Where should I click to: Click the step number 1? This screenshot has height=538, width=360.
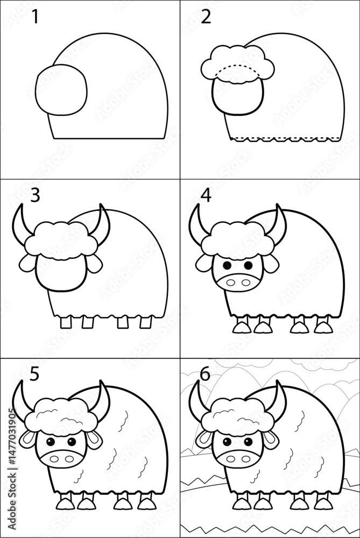36,17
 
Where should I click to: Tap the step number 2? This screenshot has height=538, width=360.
205,17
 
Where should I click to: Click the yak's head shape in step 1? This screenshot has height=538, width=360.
61,90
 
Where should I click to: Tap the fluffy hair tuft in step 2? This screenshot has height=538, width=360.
237,64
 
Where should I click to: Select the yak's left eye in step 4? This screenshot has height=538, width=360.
227,265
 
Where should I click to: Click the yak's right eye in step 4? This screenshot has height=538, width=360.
248,265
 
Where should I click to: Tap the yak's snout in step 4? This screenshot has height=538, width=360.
237,282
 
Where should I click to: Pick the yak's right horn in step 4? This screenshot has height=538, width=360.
279,221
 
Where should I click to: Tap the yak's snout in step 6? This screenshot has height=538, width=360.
237,458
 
